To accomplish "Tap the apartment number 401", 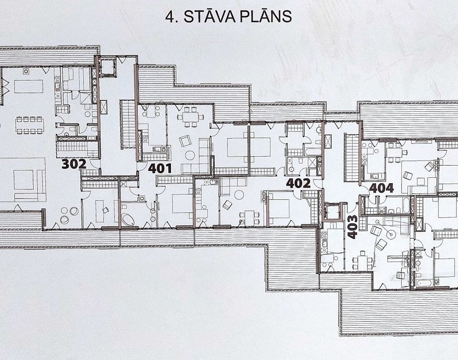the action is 160,168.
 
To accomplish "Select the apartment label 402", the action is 298,183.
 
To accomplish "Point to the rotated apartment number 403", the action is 352,227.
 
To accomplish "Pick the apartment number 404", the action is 382,188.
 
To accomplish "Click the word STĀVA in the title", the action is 209,16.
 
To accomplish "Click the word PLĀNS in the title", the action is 265,17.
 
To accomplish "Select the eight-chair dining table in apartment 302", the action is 30,125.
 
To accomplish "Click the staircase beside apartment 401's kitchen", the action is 128,124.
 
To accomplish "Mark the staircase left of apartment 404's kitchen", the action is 352,157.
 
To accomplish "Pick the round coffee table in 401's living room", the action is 190,155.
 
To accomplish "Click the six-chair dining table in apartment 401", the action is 190,117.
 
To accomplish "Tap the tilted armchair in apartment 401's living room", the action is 185,141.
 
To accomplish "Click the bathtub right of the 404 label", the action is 406,205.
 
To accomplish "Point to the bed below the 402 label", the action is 278,208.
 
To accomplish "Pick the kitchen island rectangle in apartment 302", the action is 28,86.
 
